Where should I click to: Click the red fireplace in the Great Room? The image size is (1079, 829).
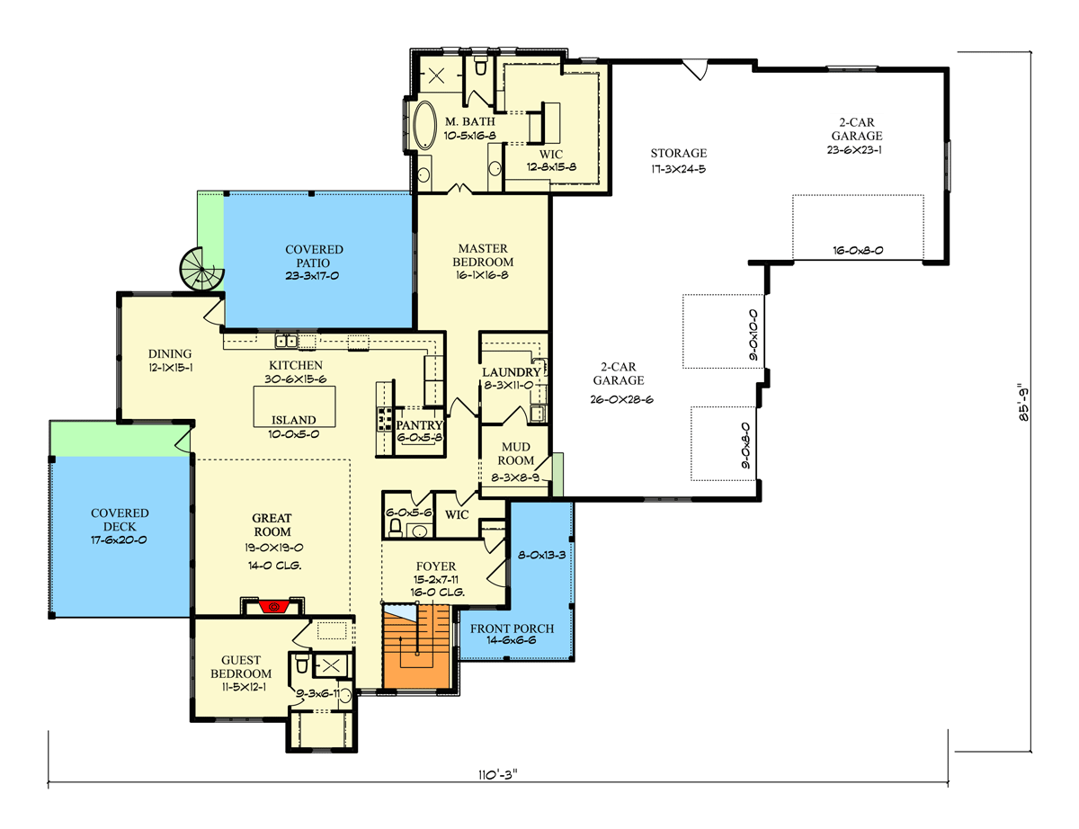click(x=273, y=607)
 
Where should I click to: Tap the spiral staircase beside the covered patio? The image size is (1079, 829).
click(x=201, y=269)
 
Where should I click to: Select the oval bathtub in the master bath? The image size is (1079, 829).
click(x=424, y=126)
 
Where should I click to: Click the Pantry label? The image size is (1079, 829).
click(x=419, y=425)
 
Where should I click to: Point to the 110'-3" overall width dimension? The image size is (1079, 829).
click(x=498, y=774)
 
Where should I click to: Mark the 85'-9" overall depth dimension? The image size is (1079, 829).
click(x=1024, y=402)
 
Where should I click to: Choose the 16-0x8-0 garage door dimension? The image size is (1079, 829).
click(x=858, y=250)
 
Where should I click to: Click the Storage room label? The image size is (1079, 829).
click(x=679, y=153)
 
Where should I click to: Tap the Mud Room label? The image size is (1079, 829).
click(x=516, y=454)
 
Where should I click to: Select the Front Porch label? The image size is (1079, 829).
click(x=512, y=628)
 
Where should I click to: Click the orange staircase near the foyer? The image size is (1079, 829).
click(x=416, y=646)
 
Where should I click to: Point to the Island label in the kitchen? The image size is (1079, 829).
click(x=293, y=420)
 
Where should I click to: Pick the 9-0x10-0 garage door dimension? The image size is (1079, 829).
click(x=754, y=334)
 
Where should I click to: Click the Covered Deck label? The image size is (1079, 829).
click(x=120, y=520)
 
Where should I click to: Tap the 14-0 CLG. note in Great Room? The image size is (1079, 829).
click(x=274, y=566)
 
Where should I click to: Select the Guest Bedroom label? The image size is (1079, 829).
click(x=241, y=666)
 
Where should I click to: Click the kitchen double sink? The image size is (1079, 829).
click(x=286, y=341)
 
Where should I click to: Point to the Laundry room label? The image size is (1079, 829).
click(x=511, y=372)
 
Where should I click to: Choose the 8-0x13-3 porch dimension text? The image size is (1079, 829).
click(x=541, y=555)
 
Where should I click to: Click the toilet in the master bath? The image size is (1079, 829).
click(x=480, y=65)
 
